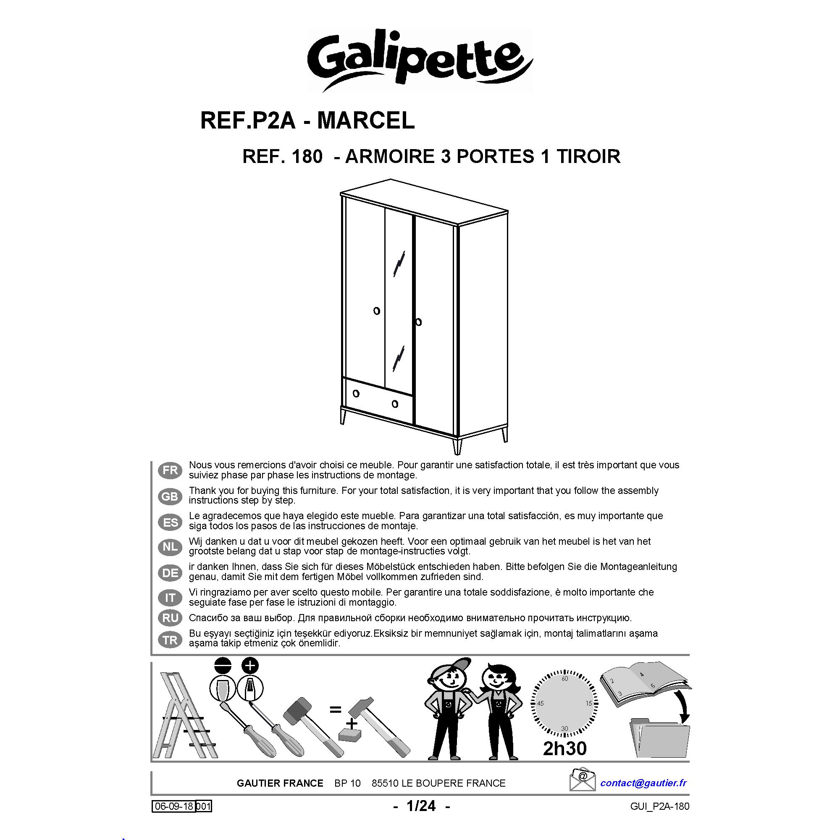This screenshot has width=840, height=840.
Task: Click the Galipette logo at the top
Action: pyautogui.click(x=420, y=60)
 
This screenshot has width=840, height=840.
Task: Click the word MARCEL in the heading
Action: pyautogui.click(x=366, y=121)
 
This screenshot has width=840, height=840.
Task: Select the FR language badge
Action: pyautogui.click(x=170, y=470)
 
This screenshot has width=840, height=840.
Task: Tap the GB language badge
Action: pyautogui.click(x=170, y=496)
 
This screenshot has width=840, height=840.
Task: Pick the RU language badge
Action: pyautogui.click(x=170, y=618)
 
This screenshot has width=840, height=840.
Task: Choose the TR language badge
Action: pyautogui.click(x=170, y=640)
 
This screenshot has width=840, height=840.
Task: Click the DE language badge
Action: pyautogui.click(x=170, y=572)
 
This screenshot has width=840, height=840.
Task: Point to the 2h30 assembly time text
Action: pyautogui.click(x=565, y=748)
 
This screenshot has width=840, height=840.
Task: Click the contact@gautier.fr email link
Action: pyautogui.click(x=643, y=783)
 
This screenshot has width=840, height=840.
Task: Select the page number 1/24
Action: pyautogui.click(x=421, y=806)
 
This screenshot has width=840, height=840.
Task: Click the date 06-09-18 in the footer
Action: pyautogui.click(x=174, y=806)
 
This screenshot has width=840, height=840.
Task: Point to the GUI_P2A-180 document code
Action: pyautogui.click(x=659, y=806)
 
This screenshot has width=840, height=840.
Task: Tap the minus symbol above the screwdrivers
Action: pyautogui.click(x=222, y=666)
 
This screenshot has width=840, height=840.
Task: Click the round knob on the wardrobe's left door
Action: pyautogui.click(x=376, y=311)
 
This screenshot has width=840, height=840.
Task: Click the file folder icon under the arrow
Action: pyautogui.click(x=659, y=739)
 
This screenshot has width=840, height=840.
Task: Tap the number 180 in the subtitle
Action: pyautogui.click(x=307, y=156)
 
